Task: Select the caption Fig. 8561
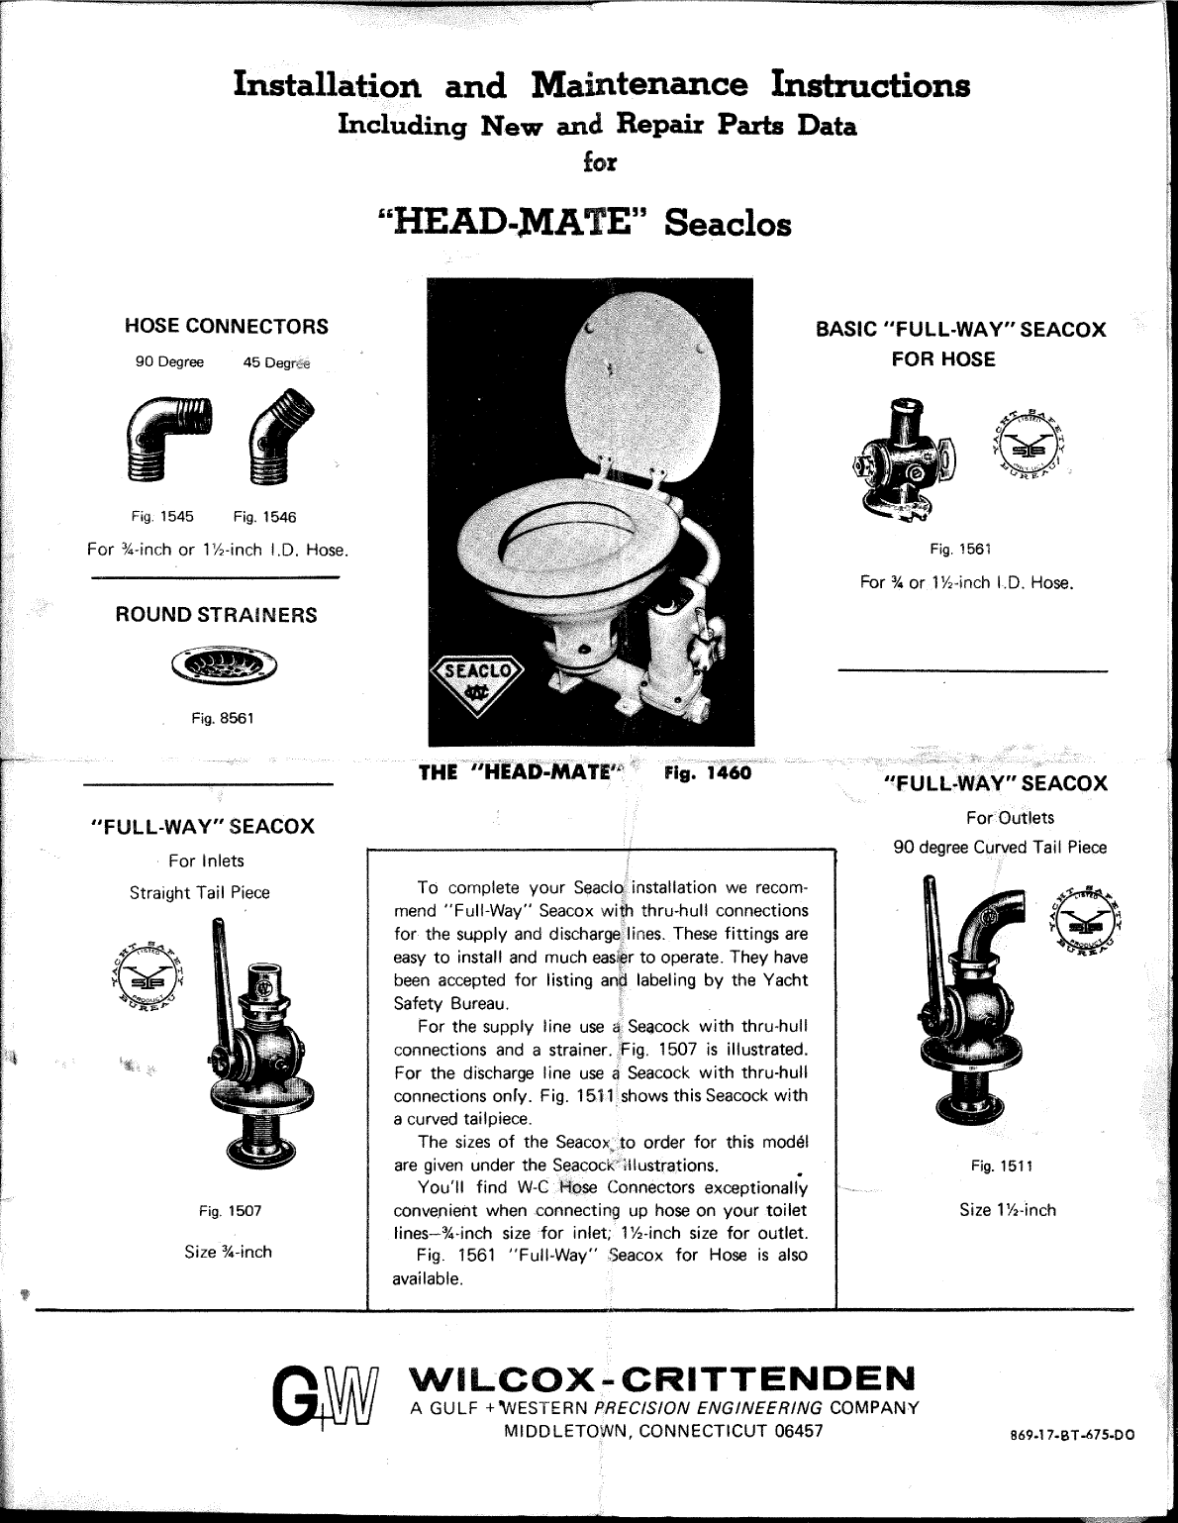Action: (x=223, y=718)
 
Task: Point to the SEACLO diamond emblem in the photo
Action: (x=479, y=681)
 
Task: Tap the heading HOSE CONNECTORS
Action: (x=227, y=326)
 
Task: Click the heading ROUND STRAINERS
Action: (x=216, y=615)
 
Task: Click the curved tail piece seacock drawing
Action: (x=970, y=1010)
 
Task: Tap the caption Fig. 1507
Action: (x=230, y=1210)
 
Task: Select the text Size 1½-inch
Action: (x=1007, y=1210)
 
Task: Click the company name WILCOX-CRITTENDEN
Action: (x=662, y=1378)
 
